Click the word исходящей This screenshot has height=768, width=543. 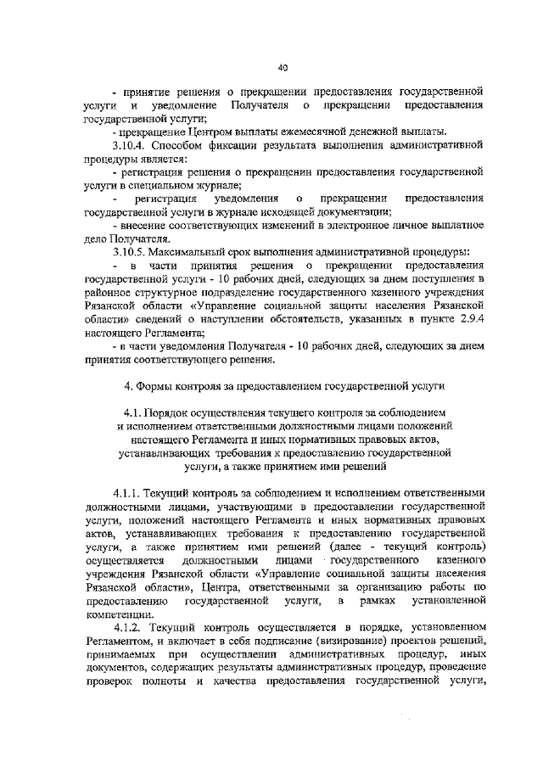tap(302, 212)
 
